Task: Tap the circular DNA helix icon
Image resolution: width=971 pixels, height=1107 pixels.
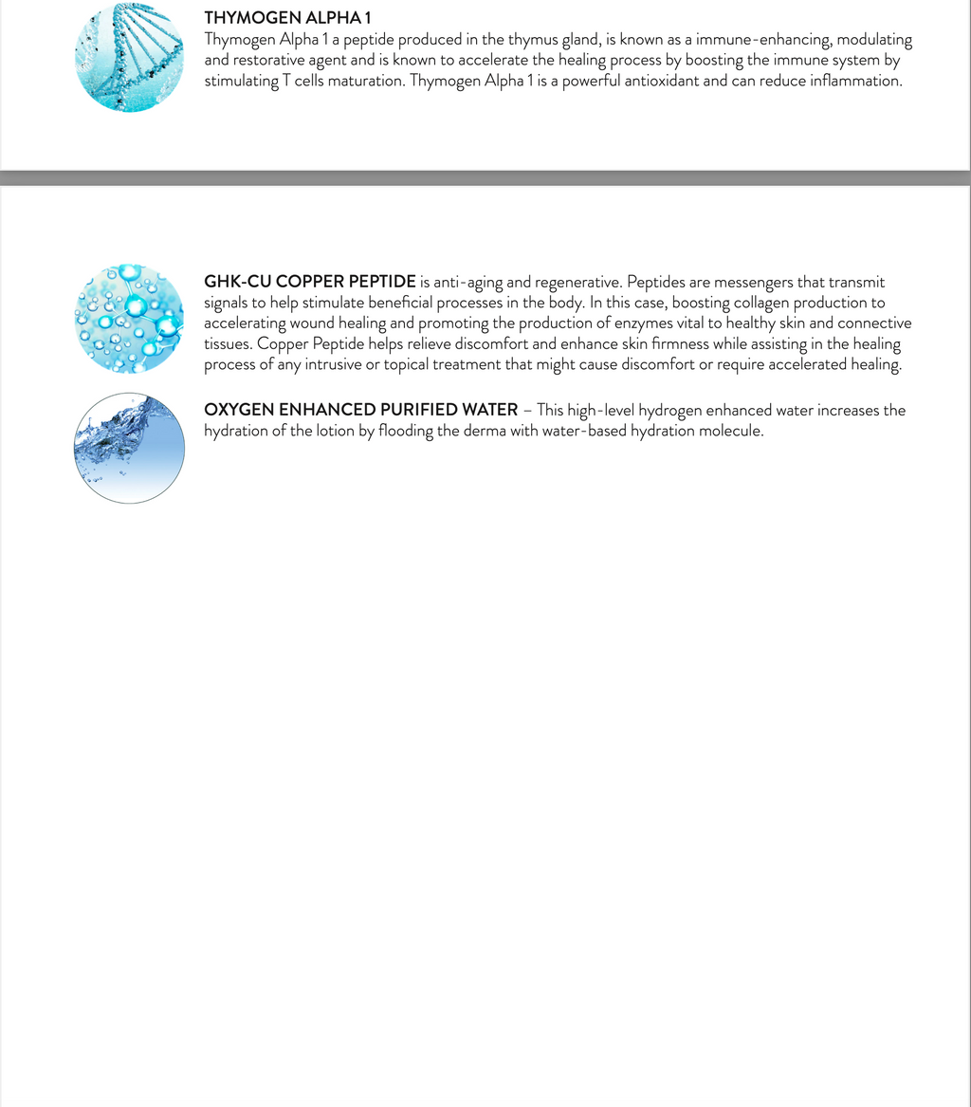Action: point(129,57)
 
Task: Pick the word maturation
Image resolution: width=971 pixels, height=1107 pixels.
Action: point(364,82)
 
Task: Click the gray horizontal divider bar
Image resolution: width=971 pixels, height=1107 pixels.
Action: point(485,177)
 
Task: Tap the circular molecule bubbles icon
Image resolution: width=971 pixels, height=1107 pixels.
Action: point(129,318)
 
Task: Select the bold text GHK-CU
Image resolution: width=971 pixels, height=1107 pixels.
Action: point(237,282)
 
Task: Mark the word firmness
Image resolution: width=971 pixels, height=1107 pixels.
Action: point(673,345)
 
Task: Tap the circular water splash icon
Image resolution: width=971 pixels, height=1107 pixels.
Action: point(129,448)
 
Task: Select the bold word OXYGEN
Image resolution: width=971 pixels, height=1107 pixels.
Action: point(238,411)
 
